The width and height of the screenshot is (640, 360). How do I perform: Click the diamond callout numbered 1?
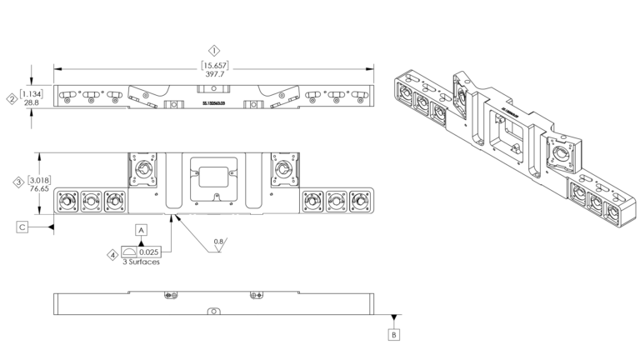click(215, 50)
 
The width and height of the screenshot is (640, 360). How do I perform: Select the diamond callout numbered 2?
click(12, 98)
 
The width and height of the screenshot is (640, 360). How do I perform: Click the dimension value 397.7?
click(215, 75)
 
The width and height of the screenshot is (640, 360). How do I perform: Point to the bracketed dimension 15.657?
click(215, 65)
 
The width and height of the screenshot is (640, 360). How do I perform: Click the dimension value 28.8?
click(31, 103)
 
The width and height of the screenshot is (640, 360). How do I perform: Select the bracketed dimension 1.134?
click(31, 93)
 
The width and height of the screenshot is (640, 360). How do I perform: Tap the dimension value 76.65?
click(37, 189)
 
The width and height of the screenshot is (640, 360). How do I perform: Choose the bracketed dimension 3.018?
click(37, 179)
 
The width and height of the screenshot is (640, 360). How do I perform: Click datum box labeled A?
click(142, 227)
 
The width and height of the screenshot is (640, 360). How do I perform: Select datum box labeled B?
click(394, 335)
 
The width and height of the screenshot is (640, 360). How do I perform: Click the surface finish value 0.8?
click(217, 242)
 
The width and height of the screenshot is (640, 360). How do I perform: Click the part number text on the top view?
click(214, 105)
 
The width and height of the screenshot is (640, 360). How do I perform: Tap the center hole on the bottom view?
click(213, 310)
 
